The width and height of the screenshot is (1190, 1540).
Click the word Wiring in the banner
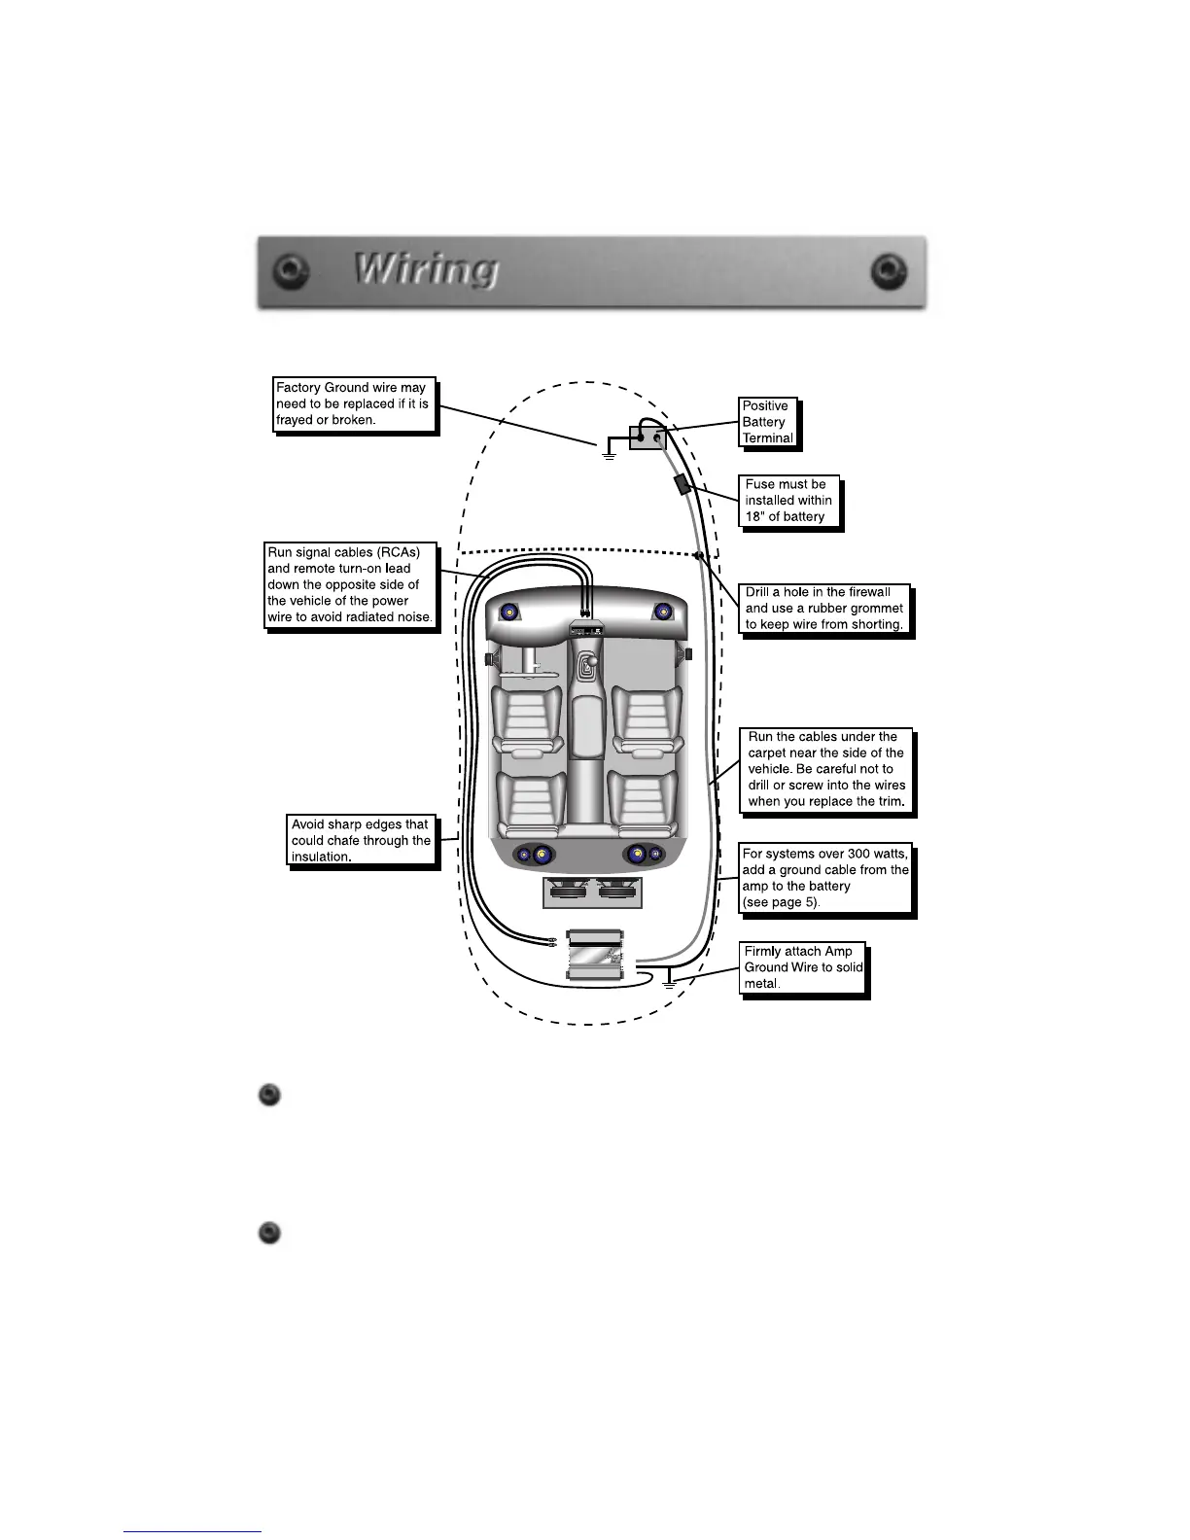(x=427, y=270)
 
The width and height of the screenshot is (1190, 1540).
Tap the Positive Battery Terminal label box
(x=767, y=422)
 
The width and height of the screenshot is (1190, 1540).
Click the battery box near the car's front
(x=647, y=437)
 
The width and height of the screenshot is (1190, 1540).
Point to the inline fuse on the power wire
(x=682, y=483)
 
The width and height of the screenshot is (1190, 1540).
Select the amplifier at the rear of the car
(x=596, y=956)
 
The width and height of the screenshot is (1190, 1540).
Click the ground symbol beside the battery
(x=609, y=451)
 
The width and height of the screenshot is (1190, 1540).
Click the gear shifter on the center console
(x=586, y=667)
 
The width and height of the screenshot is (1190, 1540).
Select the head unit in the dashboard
(x=586, y=629)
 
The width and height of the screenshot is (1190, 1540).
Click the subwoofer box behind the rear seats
(x=592, y=892)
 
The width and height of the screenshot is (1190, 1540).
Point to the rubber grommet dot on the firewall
(x=698, y=556)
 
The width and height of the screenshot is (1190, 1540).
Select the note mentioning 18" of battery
(x=788, y=501)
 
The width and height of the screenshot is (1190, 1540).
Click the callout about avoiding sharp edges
(x=361, y=840)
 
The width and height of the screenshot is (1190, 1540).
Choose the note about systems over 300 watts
(x=825, y=878)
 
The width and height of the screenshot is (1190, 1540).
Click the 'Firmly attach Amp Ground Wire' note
(x=802, y=967)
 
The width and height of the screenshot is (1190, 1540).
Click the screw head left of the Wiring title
(x=288, y=270)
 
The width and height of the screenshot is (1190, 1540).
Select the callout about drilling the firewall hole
(x=824, y=609)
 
